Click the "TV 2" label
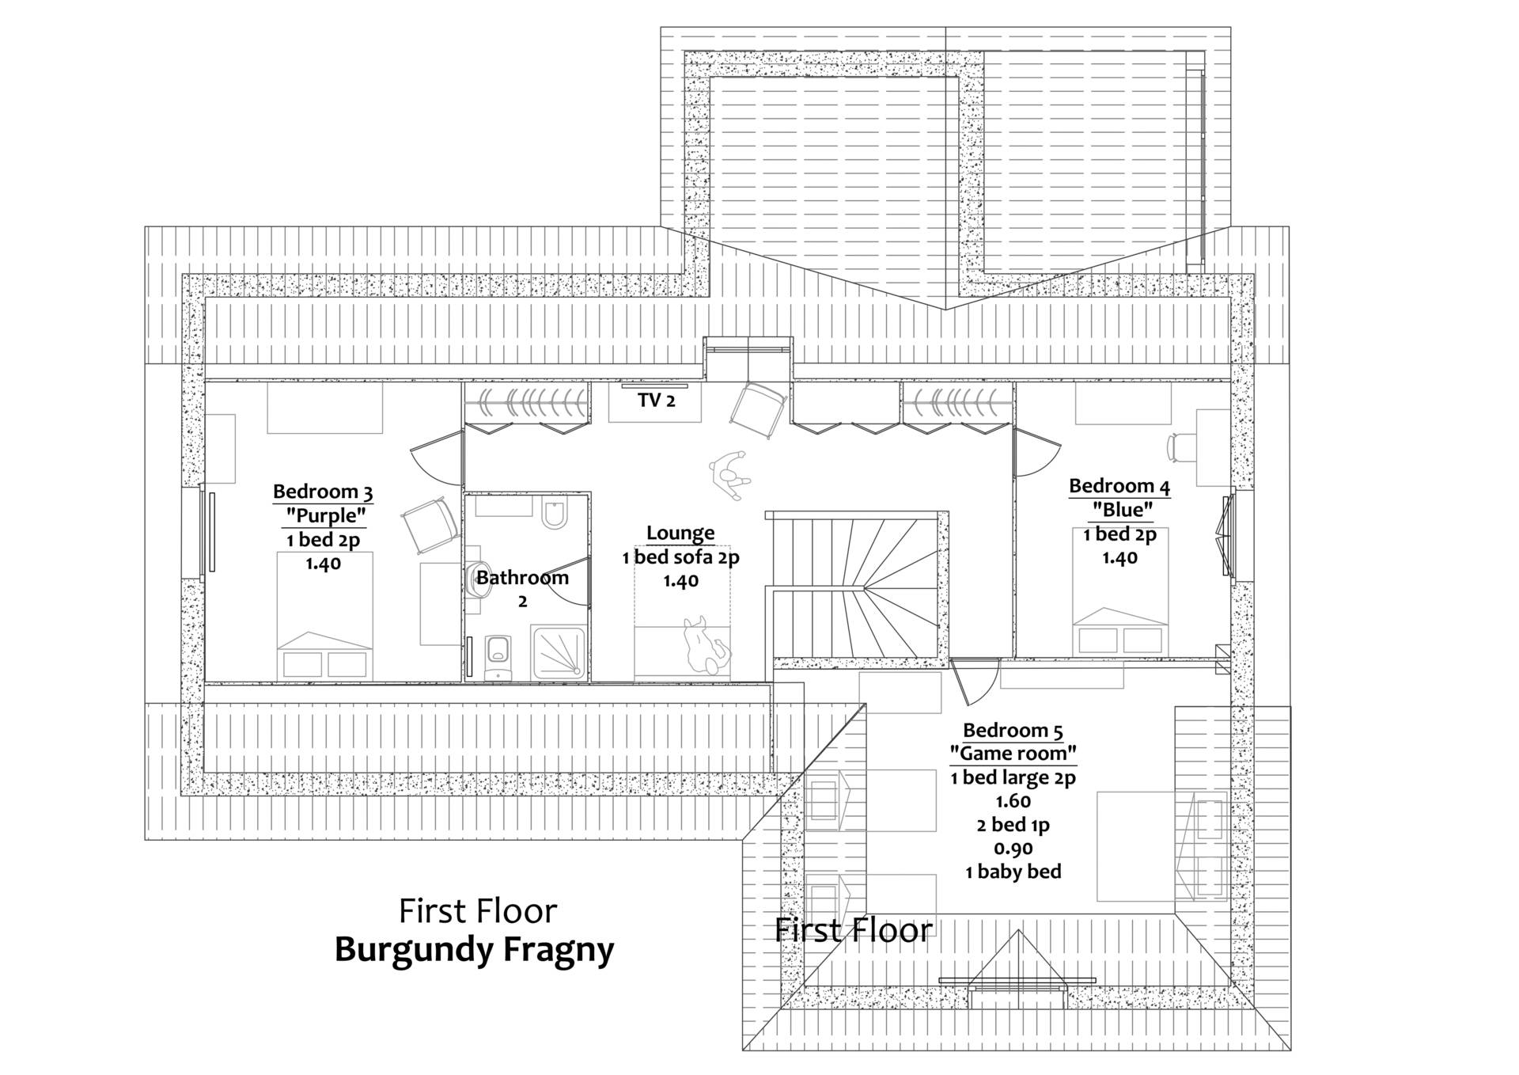tap(656, 401)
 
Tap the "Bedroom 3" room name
tap(323, 492)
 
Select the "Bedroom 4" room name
tap(1119, 486)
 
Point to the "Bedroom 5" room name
tap(1013, 730)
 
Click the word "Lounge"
tap(680, 533)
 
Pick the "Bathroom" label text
tap(522, 577)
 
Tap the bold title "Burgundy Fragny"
tap(475, 949)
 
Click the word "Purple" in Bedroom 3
tap(326, 516)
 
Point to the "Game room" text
tap(1013, 753)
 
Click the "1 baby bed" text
tap(1013, 872)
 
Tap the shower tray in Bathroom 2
tap(559, 651)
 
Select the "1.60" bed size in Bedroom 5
tap(1013, 801)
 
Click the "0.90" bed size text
tap(1013, 849)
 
